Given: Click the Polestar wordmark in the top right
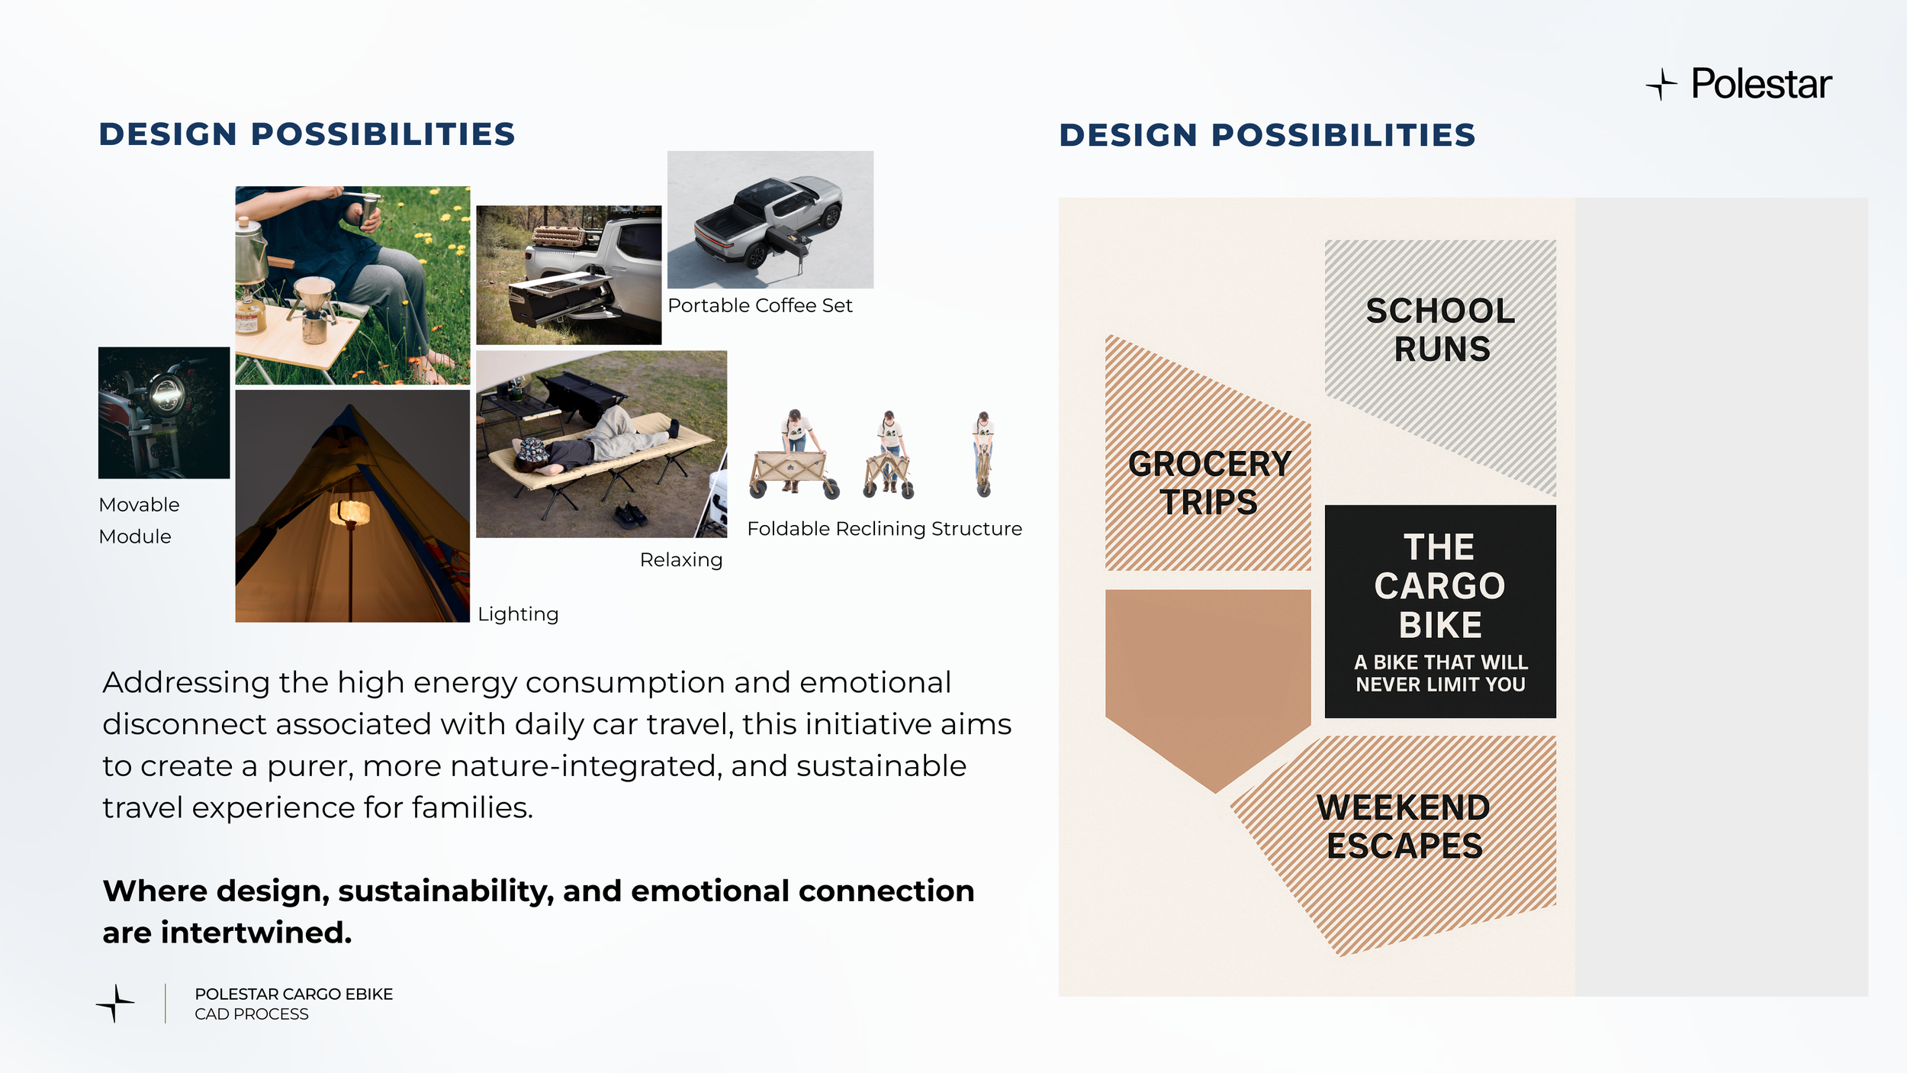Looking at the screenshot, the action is [1761, 83].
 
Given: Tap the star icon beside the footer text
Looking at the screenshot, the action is [115, 1003].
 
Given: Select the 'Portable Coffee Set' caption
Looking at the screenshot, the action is [760, 305].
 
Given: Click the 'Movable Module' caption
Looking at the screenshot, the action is [139, 520].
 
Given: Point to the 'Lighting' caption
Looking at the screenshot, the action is [518, 614].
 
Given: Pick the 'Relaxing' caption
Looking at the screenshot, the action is [681, 559].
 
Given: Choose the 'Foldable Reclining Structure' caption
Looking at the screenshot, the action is [884, 528].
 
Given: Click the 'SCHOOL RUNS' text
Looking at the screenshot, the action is [1441, 330].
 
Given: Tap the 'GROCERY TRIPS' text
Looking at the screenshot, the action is [1209, 483].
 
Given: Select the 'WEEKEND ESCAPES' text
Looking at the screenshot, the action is [1404, 826].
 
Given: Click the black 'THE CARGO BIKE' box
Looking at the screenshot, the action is [1440, 611].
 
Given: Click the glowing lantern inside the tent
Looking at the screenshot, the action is [349, 511].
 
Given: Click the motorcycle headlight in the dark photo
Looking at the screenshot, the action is [166, 395].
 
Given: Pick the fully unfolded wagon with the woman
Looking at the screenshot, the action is [794, 454].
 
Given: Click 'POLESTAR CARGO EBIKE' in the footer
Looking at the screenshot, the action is [294, 994].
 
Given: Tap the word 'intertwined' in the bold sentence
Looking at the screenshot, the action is [256, 933].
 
